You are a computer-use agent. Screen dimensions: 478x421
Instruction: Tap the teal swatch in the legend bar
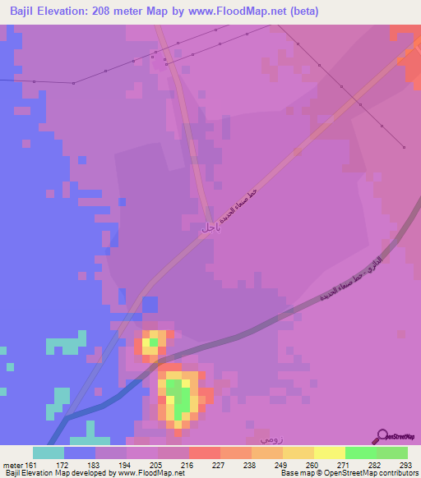49,453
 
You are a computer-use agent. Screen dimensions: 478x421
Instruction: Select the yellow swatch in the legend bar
329,453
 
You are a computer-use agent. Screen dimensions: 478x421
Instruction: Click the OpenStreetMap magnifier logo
382,436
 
